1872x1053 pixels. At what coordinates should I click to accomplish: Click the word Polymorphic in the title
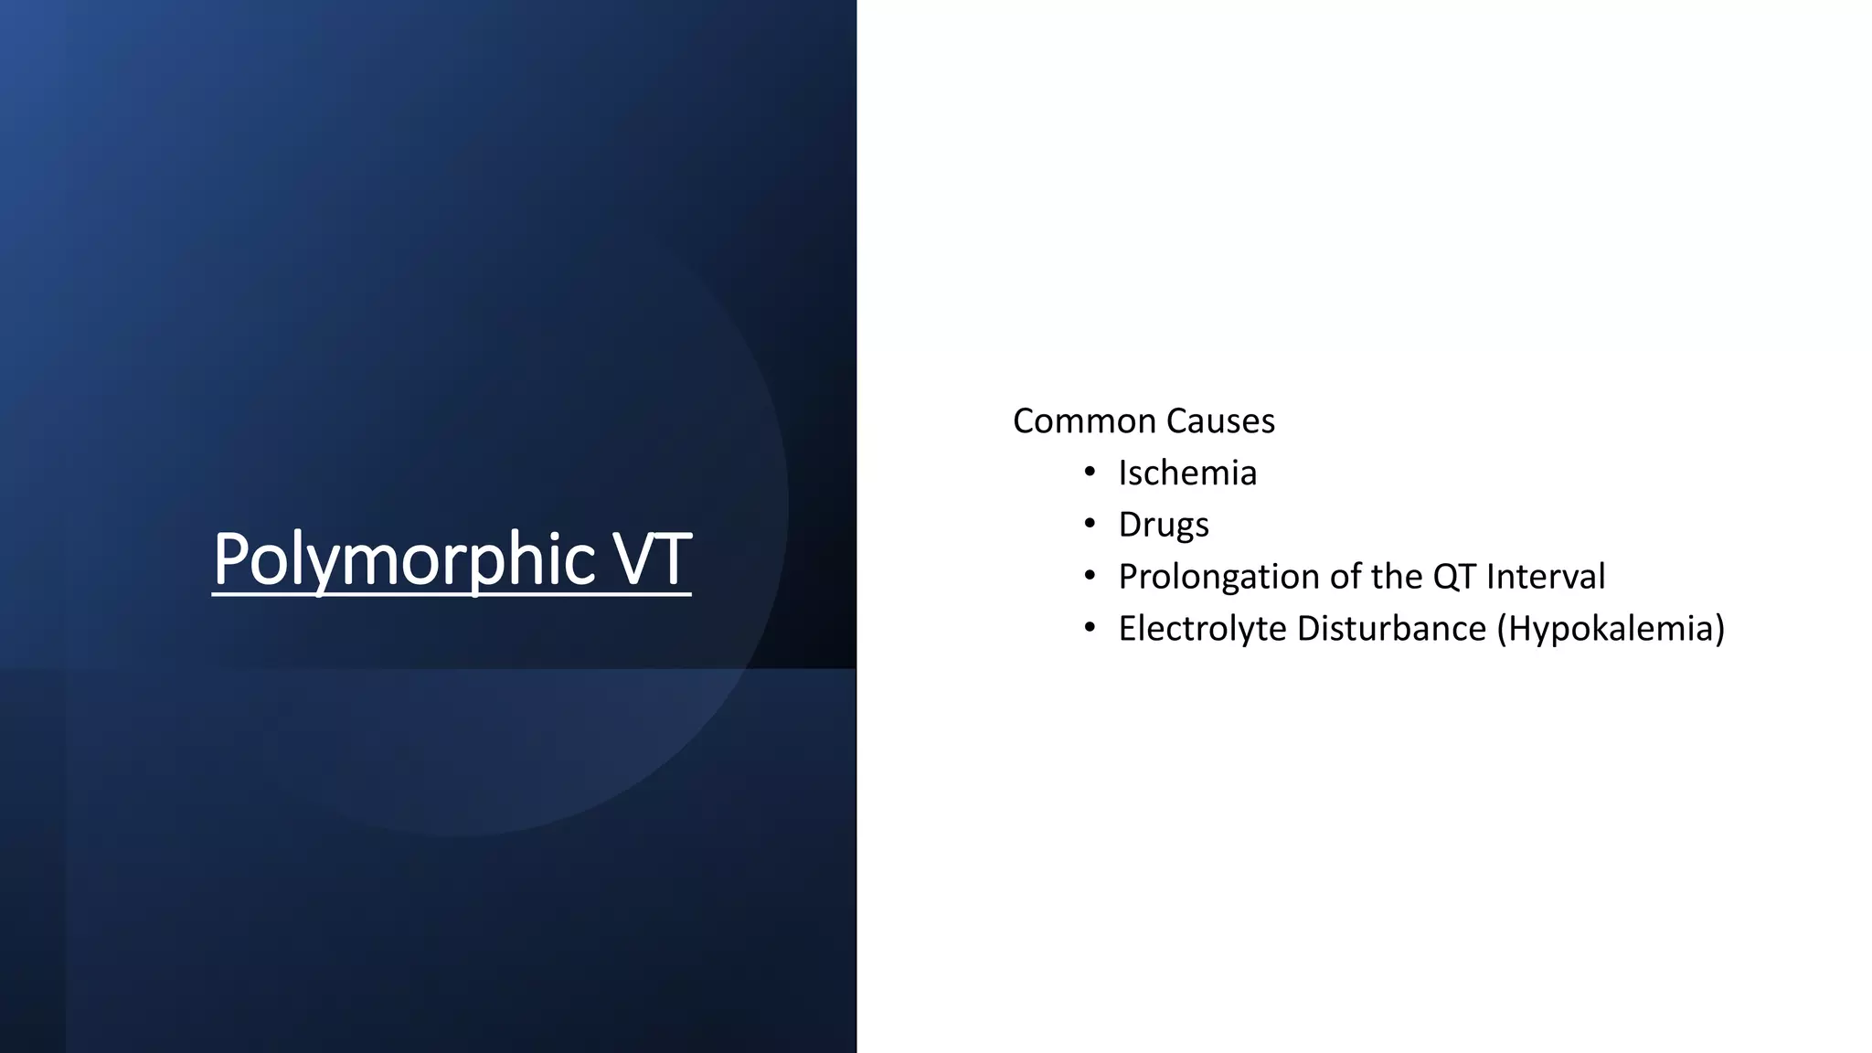pos(404,558)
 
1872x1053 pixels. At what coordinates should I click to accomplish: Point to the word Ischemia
pos(1187,473)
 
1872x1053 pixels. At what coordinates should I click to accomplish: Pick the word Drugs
pos(1164,526)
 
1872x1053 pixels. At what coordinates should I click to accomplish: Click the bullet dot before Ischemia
pos(1089,473)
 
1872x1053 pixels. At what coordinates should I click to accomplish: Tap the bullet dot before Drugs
pos(1089,525)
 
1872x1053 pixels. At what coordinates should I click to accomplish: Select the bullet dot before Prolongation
pos(1089,577)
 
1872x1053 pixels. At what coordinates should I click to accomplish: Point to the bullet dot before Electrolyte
pos(1089,629)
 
